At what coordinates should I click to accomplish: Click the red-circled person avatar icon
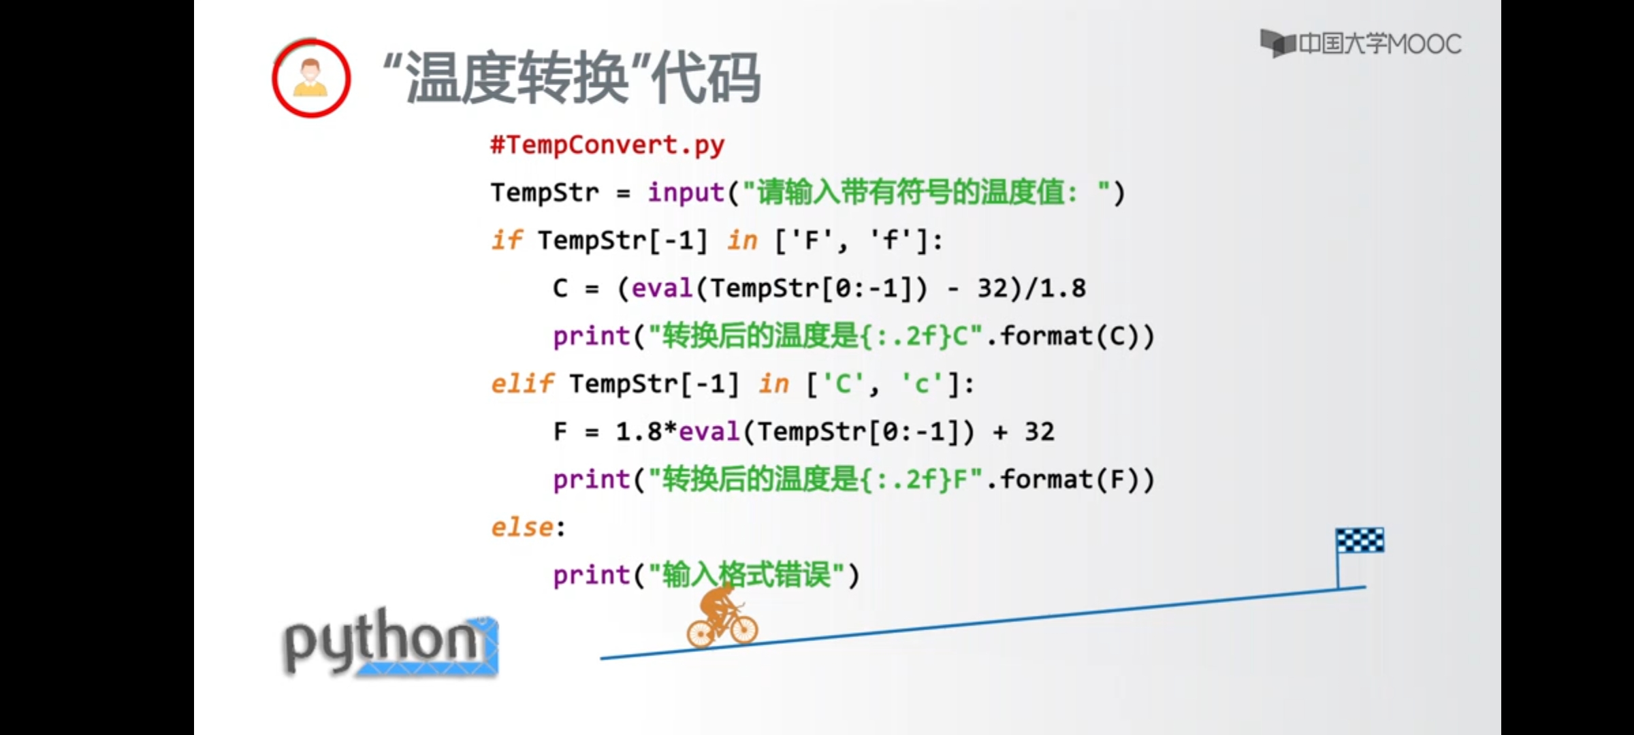pyautogui.click(x=311, y=78)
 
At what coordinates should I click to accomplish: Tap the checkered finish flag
pyautogui.click(x=1360, y=541)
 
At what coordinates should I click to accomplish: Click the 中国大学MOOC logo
pyautogui.click(x=1360, y=44)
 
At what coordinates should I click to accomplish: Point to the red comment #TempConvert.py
pyautogui.click(x=607, y=145)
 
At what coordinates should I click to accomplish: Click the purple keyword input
pyautogui.click(x=686, y=193)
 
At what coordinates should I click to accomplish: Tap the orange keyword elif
pyautogui.click(x=522, y=384)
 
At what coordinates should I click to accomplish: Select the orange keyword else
pyautogui.click(x=522, y=527)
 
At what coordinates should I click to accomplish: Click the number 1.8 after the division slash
pyautogui.click(x=1063, y=289)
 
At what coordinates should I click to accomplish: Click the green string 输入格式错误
pyautogui.click(x=747, y=575)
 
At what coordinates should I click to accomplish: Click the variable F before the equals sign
pyautogui.click(x=560, y=431)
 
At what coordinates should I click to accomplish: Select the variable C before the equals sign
pyautogui.click(x=560, y=289)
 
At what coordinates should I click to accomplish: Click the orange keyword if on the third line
pyautogui.click(x=507, y=240)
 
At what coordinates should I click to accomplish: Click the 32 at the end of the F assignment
pyautogui.click(x=1040, y=431)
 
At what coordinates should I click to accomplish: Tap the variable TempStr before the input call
pyautogui.click(x=545, y=193)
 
